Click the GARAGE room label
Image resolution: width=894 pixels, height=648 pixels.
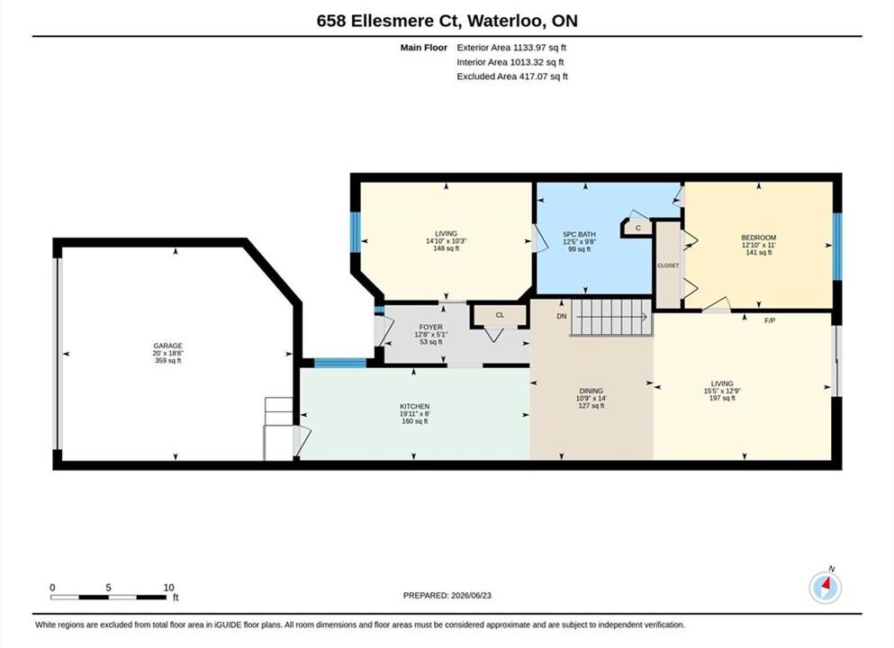click(167, 346)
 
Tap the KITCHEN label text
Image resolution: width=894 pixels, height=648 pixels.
click(414, 407)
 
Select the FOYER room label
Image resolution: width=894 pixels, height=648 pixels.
click(431, 327)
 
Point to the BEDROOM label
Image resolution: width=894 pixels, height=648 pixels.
click(758, 238)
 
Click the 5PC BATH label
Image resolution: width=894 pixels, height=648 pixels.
click(579, 234)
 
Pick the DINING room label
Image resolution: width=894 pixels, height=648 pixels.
click(591, 391)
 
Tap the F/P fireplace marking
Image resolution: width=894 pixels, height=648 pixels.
click(770, 321)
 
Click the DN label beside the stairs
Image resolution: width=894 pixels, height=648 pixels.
click(562, 316)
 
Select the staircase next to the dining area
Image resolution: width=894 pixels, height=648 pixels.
click(611, 318)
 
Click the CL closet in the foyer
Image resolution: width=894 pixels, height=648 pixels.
click(500, 315)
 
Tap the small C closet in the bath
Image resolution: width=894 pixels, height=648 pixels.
click(638, 228)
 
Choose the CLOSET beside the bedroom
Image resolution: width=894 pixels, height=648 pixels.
click(668, 265)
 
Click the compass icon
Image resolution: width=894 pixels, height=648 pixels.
click(825, 587)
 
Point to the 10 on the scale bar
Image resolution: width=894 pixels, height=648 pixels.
click(168, 588)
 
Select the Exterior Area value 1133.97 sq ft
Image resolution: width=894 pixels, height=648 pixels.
click(539, 48)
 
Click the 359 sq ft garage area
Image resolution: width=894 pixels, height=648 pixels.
click(167, 361)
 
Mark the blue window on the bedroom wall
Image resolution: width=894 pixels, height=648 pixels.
click(837, 247)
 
